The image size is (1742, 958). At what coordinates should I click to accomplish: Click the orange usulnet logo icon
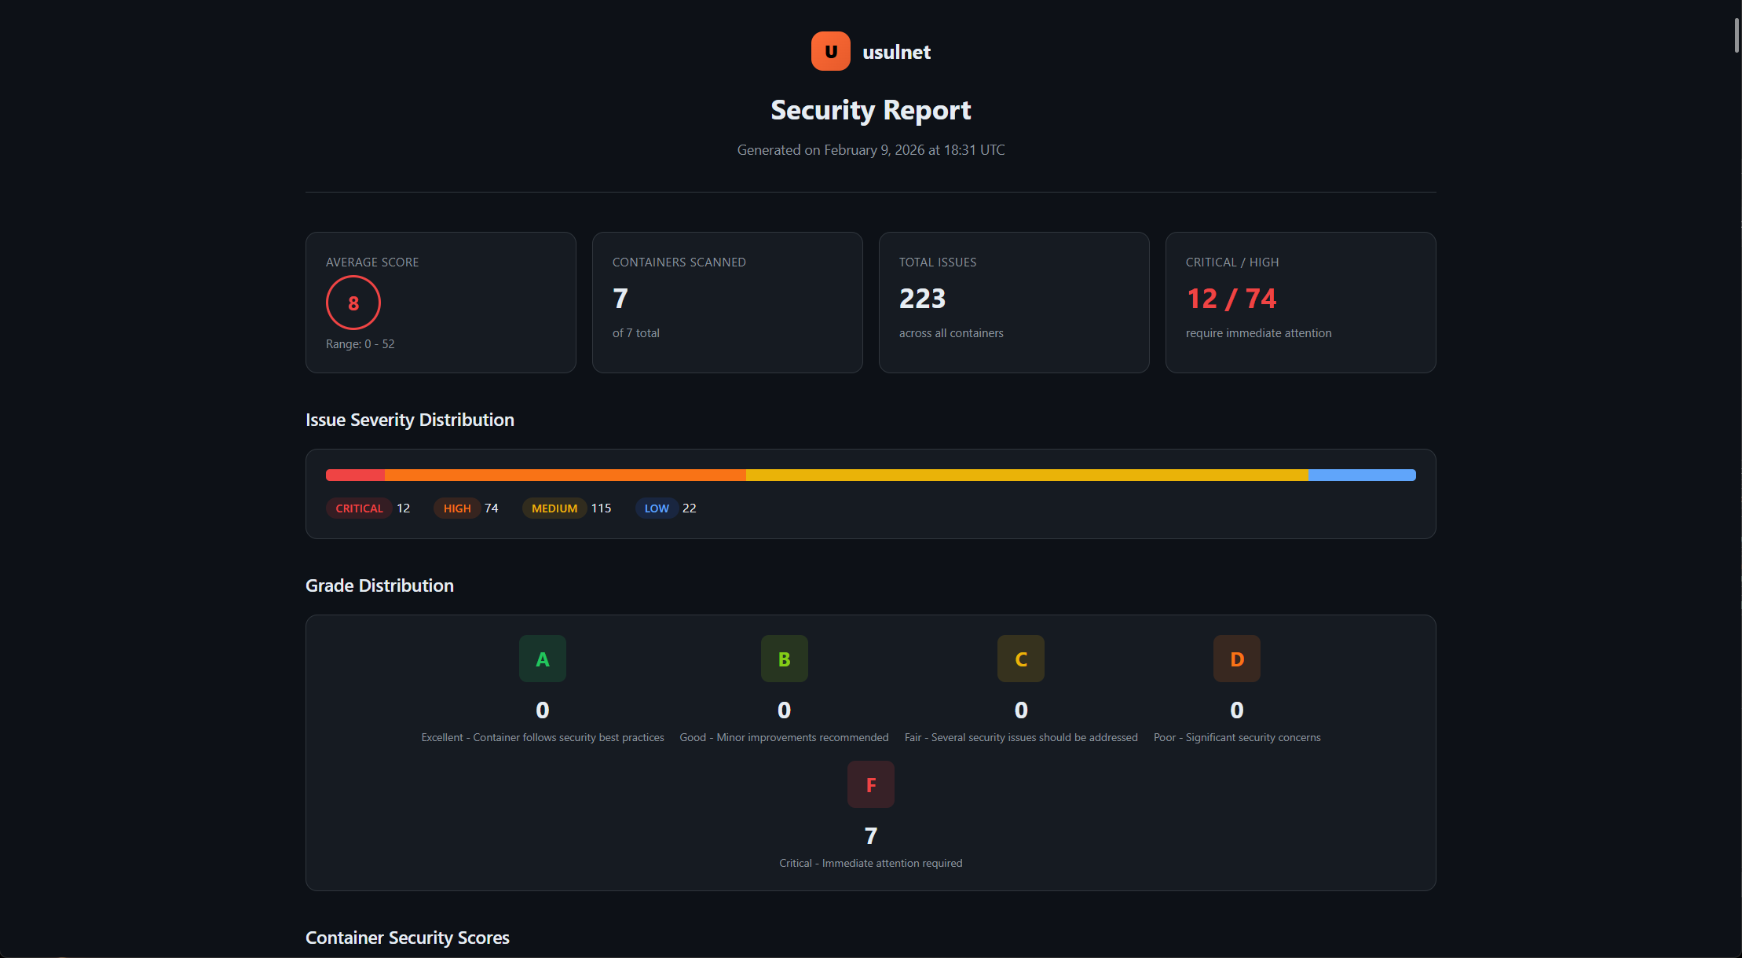pyautogui.click(x=830, y=52)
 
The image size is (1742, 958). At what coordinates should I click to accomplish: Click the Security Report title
pyautogui.click(x=870, y=110)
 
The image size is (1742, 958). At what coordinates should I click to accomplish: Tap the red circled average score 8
pyautogui.click(x=353, y=303)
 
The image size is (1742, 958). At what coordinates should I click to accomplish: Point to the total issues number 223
pyautogui.click(x=922, y=299)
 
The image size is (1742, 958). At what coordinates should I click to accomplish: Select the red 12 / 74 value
pyautogui.click(x=1231, y=299)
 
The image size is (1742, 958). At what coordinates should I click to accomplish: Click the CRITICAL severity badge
pyautogui.click(x=359, y=508)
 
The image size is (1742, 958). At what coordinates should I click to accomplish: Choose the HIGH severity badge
pyautogui.click(x=457, y=508)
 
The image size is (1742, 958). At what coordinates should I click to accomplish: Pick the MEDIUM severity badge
pyautogui.click(x=554, y=508)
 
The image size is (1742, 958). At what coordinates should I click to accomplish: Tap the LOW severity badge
pyautogui.click(x=657, y=508)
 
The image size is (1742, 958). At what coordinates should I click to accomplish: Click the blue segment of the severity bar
pyautogui.click(x=1362, y=475)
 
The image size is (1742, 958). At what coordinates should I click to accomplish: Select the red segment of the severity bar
pyautogui.click(x=355, y=475)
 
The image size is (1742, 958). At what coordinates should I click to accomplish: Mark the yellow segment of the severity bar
pyautogui.click(x=1027, y=475)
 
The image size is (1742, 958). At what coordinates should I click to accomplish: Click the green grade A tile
pyautogui.click(x=543, y=659)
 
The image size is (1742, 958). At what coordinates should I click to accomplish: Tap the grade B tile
pyautogui.click(x=784, y=659)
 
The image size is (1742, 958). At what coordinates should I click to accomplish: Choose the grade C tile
pyautogui.click(x=1021, y=659)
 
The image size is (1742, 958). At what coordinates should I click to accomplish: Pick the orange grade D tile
pyautogui.click(x=1237, y=659)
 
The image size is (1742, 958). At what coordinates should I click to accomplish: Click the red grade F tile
pyautogui.click(x=870, y=784)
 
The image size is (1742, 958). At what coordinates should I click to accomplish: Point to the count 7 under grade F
pyautogui.click(x=870, y=836)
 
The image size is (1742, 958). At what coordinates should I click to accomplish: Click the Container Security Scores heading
pyautogui.click(x=407, y=938)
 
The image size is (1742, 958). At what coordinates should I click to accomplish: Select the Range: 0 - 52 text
pyautogui.click(x=360, y=344)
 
